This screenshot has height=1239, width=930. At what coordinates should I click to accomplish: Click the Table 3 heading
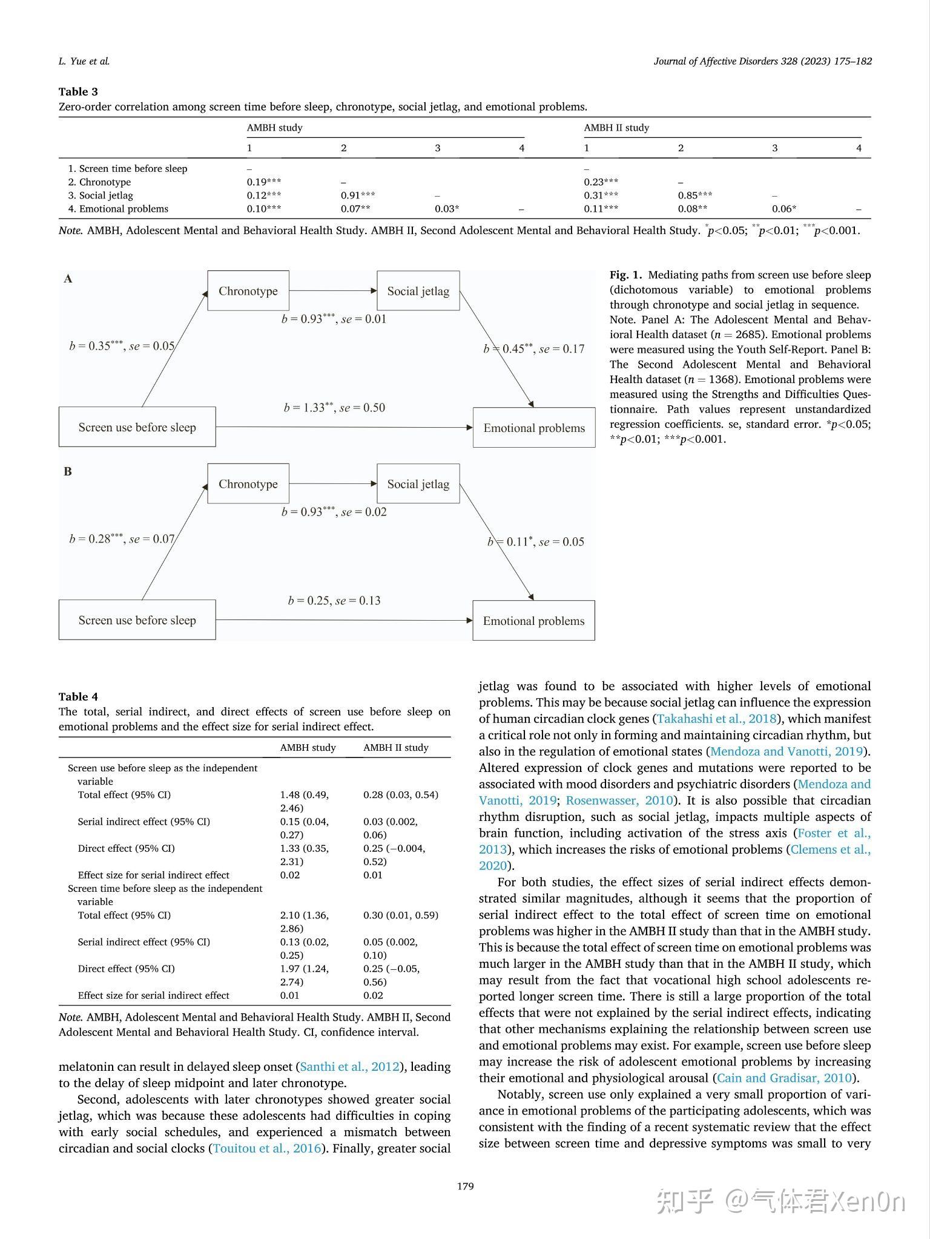[x=78, y=92]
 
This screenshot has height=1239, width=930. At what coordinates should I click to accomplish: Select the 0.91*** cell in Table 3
[x=357, y=195]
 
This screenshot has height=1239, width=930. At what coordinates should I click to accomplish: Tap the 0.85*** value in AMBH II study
[x=694, y=195]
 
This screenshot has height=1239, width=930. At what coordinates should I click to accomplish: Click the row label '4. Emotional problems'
[x=118, y=209]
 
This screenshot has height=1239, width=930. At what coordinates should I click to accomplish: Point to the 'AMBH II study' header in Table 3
[x=616, y=128]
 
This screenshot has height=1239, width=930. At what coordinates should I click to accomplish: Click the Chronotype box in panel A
[x=248, y=291]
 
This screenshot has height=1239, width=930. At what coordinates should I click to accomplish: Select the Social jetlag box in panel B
[x=418, y=484]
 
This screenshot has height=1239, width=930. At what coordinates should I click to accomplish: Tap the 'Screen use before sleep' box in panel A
[x=137, y=427]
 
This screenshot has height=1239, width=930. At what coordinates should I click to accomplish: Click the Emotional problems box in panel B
[x=533, y=621]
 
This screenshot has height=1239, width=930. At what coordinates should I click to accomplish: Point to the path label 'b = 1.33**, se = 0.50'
[x=334, y=408]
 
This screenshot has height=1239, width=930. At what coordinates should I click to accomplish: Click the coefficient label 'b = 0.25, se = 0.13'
[x=334, y=601]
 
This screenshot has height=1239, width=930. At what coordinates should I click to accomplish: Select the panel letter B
[x=68, y=472]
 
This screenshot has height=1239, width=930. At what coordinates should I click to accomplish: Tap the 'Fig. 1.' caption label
[x=626, y=275]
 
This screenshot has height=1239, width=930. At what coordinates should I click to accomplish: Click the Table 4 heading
[x=78, y=697]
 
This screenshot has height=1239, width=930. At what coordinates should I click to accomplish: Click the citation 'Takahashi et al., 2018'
[x=717, y=719]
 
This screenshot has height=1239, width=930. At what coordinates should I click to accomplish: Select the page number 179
[x=465, y=1186]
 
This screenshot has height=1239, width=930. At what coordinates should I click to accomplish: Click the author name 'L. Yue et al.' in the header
[x=84, y=61]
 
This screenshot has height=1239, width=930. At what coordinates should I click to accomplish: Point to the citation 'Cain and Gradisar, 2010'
[x=784, y=1078]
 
